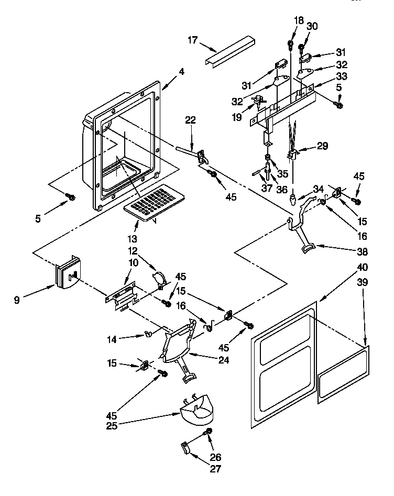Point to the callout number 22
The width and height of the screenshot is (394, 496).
tap(190, 120)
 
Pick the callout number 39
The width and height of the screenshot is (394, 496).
tap(362, 283)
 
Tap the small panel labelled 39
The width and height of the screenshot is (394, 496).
tap(342, 373)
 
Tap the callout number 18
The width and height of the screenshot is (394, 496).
tap(299, 20)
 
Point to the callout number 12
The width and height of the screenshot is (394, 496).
tap(133, 251)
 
